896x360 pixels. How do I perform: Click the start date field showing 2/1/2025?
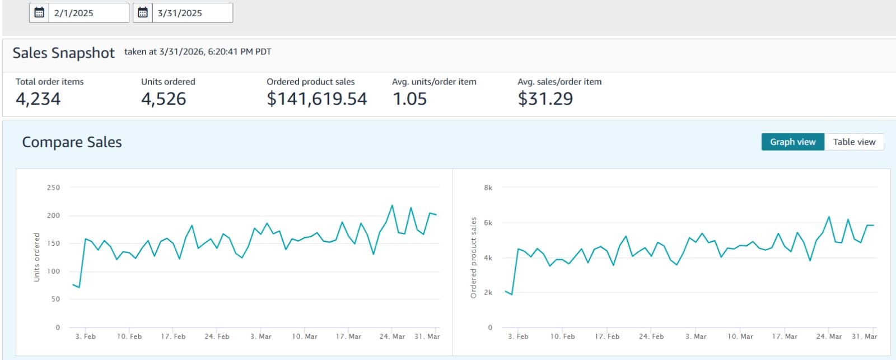pyautogui.click(x=88, y=13)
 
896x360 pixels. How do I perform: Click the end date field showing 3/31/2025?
pyautogui.click(x=192, y=13)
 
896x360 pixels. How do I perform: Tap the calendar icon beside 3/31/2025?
pyautogui.click(x=143, y=13)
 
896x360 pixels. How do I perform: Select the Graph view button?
pyautogui.click(x=792, y=142)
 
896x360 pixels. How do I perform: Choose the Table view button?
pyautogui.click(x=854, y=142)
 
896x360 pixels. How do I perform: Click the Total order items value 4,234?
pyautogui.click(x=38, y=99)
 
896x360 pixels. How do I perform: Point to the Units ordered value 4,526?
pyautogui.click(x=164, y=99)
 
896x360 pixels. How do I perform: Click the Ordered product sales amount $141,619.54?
pyautogui.click(x=317, y=99)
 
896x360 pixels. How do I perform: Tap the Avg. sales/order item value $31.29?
pyautogui.click(x=545, y=99)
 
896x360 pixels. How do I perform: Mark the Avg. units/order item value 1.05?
pyautogui.click(x=409, y=99)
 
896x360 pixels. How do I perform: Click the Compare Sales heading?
pyautogui.click(x=72, y=142)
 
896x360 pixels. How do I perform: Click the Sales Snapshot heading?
pyautogui.click(x=63, y=53)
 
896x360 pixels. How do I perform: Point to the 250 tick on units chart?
pyautogui.click(x=53, y=188)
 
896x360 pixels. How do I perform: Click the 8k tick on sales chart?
pyautogui.click(x=488, y=188)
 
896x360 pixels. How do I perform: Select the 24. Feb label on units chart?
pyautogui.click(x=217, y=336)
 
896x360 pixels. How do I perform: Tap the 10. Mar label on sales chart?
pyautogui.click(x=740, y=336)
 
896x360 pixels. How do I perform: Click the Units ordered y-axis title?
pyautogui.click(x=37, y=257)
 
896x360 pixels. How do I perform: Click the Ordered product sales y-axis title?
pyautogui.click(x=473, y=258)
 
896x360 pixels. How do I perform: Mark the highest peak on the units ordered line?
pyautogui.click(x=392, y=205)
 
